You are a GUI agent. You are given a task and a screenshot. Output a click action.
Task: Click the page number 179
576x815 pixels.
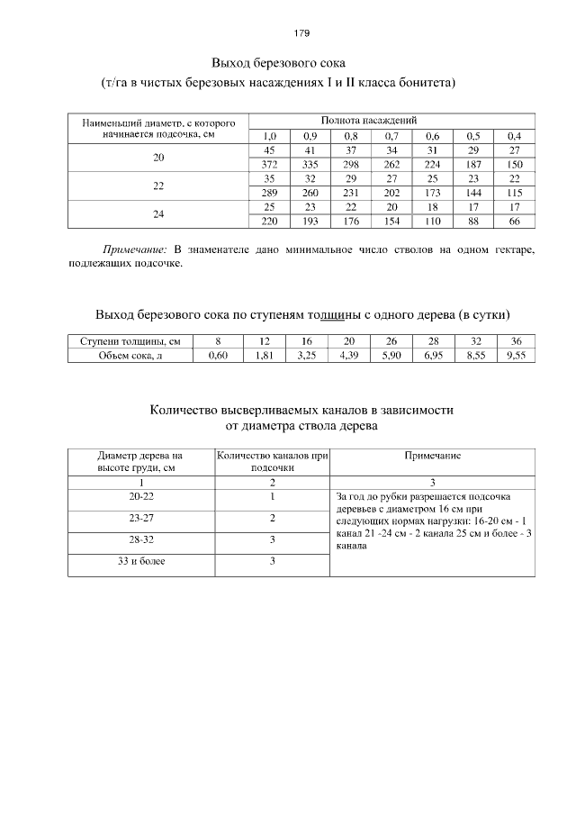click(x=301, y=33)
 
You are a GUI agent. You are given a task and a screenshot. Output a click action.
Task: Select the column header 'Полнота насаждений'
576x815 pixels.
click(x=368, y=120)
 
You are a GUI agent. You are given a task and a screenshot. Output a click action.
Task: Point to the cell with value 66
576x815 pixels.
click(x=515, y=221)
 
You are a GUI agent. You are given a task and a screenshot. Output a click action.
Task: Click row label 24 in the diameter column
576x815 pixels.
click(x=158, y=214)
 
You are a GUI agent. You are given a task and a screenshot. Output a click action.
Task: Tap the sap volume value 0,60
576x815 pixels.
click(x=218, y=356)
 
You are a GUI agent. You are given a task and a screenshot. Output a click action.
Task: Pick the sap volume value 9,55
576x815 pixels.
click(x=516, y=356)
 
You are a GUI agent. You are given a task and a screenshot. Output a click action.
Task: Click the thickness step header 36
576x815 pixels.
click(x=516, y=341)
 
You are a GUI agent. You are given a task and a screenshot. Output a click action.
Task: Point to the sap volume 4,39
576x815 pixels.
click(x=349, y=356)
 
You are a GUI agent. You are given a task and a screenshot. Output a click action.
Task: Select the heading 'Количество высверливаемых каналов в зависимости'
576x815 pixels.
click(x=301, y=410)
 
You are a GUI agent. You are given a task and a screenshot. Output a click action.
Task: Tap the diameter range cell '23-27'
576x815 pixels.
click(x=141, y=518)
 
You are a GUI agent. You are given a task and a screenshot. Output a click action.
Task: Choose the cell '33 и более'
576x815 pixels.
click(x=141, y=561)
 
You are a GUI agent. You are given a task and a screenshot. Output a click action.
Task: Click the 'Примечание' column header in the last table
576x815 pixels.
click(x=433, y=456)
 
